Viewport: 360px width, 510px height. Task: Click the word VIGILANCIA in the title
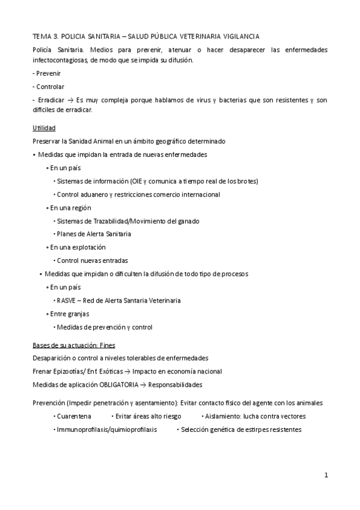pos(239,37)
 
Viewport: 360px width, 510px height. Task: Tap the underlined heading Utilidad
pos(44,128)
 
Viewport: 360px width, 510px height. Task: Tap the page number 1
pos(326,475)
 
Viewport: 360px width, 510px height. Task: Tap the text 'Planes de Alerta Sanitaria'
pos(94,234)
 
